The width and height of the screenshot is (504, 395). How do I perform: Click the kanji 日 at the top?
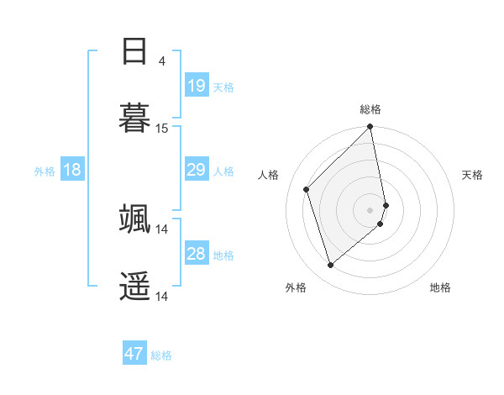pyautogui.click(x=135, y=52)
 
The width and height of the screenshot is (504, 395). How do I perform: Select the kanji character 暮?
pyautogui.click(x=135, y=117)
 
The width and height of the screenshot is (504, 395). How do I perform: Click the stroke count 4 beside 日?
pyautogui.click(x=162, y=61)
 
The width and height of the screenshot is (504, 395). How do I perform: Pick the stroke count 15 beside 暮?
pyautogui.click(x=162, y=129)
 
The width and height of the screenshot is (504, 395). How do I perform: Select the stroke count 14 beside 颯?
pyautogui.click(x=162, y=229)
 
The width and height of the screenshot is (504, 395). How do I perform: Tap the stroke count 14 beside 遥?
pyautogui.click(x=162, y=296)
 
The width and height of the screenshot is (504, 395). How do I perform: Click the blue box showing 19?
pyautogui.click(x=197, y=85)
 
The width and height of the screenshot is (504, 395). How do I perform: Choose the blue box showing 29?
pyautogui.click(x=197, y=170)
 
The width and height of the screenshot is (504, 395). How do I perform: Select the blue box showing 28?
pyautogui.click(x=197, y=253)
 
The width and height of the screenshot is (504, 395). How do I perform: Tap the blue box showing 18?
pyautogui.click(x=72, y=170)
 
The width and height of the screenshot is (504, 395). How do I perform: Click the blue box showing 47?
pyautogui.click(x=134, y=354)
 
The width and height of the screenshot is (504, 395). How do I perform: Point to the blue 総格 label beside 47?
pyautogui.click(x=161, y=355)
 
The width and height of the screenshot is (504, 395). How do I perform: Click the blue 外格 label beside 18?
pyautogui.click(x=45, y=171)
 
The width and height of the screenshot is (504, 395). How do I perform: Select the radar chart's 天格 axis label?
pyautogui.click(x=472, y=175)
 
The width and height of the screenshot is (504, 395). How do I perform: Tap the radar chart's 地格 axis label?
pyautogui.click(x=440, y=287)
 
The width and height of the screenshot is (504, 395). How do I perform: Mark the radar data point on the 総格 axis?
pyautogui.click(x=370, y=128)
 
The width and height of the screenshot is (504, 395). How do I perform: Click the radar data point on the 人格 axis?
pyautogui.click(x=307, y=189)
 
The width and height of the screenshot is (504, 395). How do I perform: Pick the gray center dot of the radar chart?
pyautogui.click(x=370, y=209)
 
